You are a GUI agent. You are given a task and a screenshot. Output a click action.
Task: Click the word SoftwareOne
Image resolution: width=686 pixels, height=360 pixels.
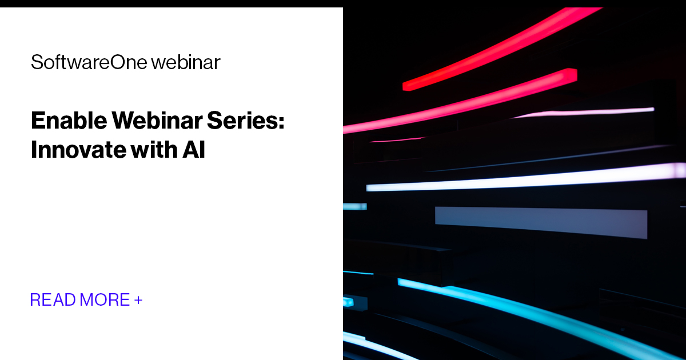click(x=88, y=62)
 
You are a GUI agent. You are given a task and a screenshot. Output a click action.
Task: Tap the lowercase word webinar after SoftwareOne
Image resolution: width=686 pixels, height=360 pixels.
click(x=185, y=62)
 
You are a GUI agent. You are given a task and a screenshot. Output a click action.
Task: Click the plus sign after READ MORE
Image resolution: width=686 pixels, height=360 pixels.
click(x=138, y=299)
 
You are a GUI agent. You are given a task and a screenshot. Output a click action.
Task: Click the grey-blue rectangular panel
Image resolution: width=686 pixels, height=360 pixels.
click(x=540, y=222)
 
